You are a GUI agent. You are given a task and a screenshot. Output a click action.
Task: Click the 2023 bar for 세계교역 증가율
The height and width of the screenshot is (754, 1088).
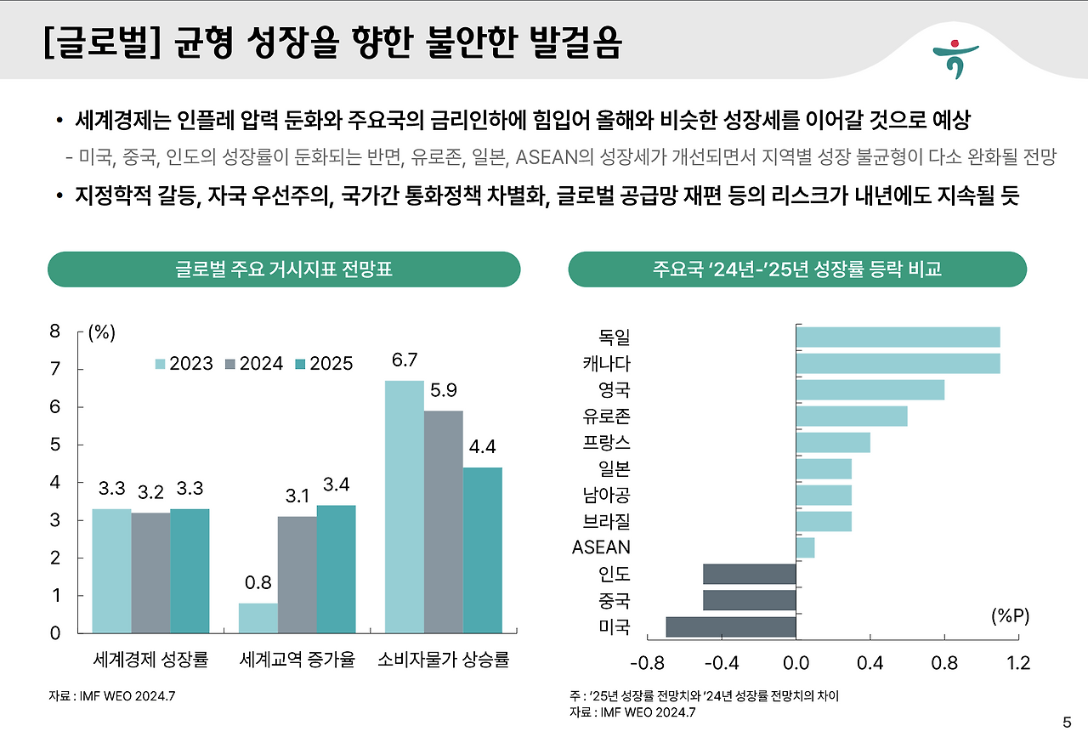[258, 618]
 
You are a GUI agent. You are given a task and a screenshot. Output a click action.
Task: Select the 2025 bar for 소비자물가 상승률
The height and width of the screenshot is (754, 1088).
[483, 550]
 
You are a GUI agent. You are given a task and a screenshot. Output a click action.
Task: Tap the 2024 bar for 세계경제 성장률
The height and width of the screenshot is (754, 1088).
[150, 572]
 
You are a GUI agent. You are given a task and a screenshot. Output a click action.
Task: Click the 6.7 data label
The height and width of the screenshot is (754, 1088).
[405, 360]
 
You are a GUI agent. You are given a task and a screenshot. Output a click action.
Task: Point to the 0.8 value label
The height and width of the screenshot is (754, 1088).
[258, 583]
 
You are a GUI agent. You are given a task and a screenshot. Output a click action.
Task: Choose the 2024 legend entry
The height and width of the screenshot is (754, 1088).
[253, 364]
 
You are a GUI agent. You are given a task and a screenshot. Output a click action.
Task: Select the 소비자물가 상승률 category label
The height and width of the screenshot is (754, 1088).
[443, 660]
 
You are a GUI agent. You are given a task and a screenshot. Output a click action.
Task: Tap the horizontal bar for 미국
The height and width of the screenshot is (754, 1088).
[731, 627]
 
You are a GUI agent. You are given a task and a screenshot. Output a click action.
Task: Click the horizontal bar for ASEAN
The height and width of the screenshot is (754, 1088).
[805, 547]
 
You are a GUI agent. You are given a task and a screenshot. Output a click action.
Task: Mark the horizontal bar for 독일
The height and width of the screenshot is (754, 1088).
[898, 337]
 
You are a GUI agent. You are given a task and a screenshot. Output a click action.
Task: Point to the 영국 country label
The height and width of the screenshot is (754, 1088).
[614, 390]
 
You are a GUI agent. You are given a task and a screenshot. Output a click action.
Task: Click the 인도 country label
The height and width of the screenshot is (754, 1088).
[614, 574]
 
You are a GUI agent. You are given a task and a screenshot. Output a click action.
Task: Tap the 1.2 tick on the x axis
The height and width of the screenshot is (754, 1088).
[1017, 663]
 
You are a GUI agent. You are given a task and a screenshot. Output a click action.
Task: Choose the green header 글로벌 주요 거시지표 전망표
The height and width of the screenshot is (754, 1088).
[284, 269]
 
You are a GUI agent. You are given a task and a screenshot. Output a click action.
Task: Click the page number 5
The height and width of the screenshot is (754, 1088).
[1067, 723]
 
